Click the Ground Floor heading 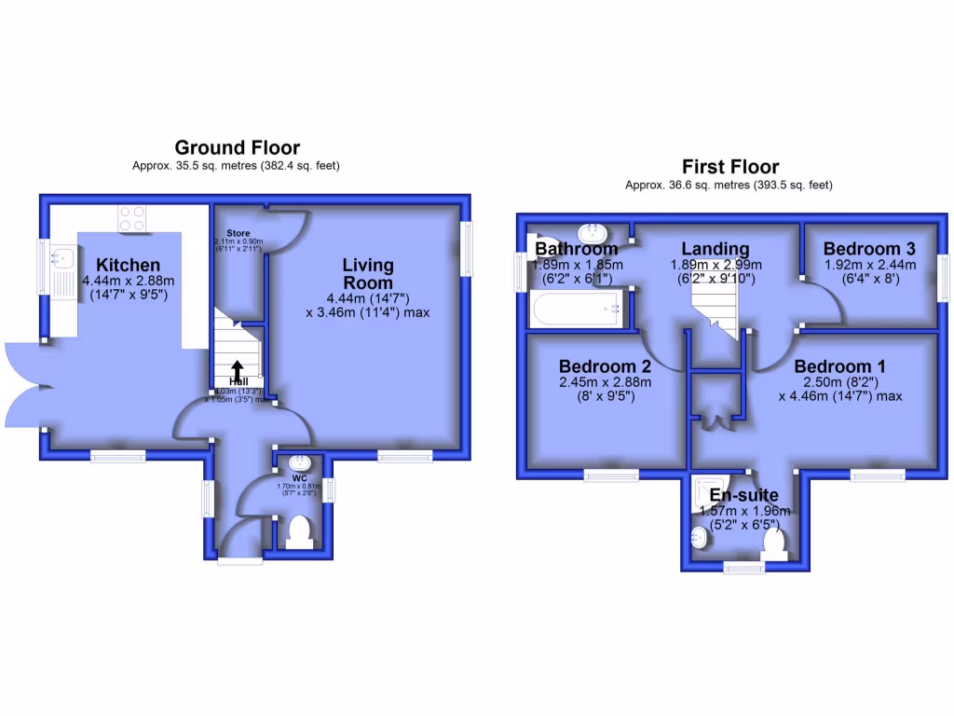coord(238,147)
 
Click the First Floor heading coord(729,167)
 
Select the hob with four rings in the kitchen coord(131,218)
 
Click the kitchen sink coord(63,255)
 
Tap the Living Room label coord(368,274)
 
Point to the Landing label coord(715,249)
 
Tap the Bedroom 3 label coord(869,249)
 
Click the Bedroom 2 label coord(605,365)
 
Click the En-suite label coord(744,495)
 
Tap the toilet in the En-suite coord(775,544)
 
